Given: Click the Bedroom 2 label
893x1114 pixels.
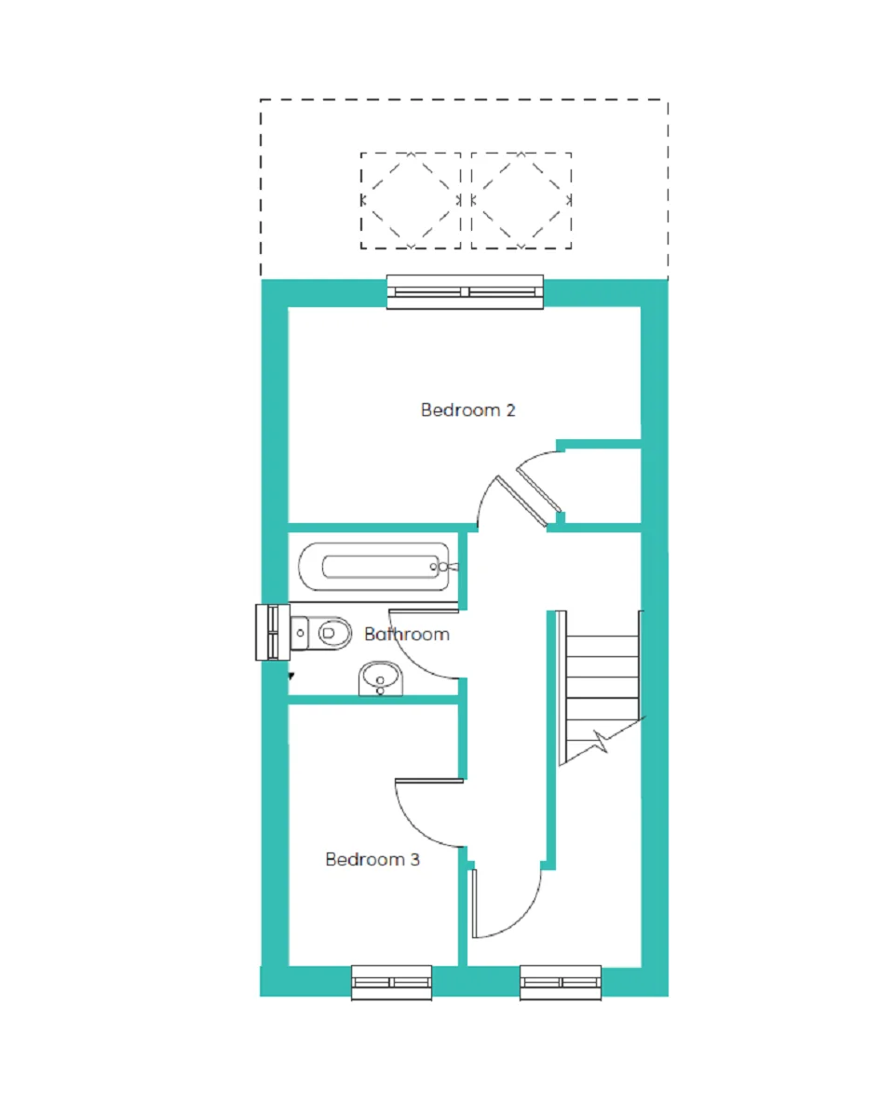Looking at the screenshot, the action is click(467, 409).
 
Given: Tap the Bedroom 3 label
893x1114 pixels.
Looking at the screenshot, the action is click(372, 859).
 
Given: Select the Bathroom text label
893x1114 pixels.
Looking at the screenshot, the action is click(407, 634).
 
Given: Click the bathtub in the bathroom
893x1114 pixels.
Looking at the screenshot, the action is click(375, 566).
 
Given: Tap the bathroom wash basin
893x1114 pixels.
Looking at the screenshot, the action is click(380, 678).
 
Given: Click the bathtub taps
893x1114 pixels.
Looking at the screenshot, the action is click(443, 567).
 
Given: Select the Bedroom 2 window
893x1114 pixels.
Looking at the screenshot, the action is click(465, 292).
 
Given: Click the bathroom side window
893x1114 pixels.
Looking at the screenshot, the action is click(272, 632).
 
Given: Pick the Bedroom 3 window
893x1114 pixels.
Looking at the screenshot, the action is click(392, 983).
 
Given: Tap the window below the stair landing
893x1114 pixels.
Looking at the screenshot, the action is click(561, 983).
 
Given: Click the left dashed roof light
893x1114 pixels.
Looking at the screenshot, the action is click(411, 200).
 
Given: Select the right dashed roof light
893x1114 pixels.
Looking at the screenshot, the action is click(521, 200).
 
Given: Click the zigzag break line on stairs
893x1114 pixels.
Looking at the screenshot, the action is click(602, 741).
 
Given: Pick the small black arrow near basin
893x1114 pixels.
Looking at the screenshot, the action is click(291, 677).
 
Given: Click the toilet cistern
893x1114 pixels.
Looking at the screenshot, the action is click(300, 632).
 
